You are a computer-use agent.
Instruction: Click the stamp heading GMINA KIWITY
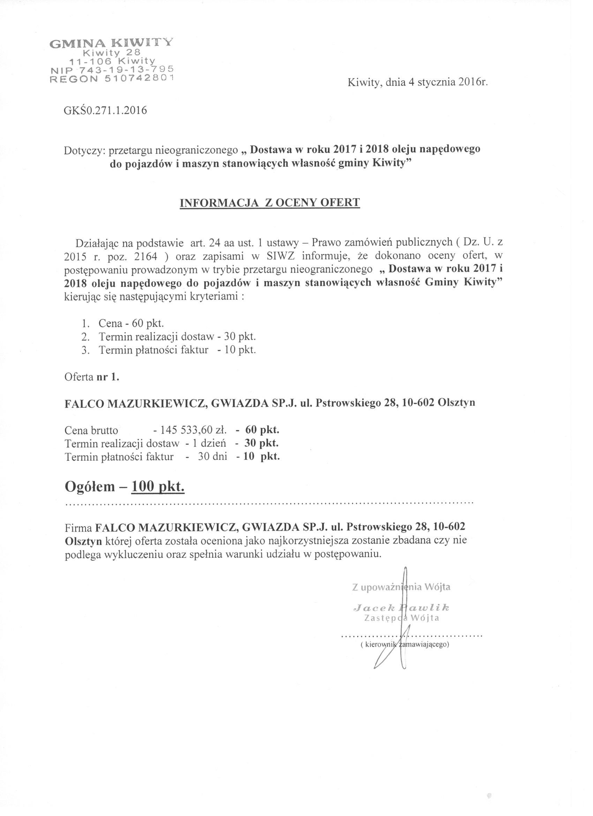(x=111, y=43)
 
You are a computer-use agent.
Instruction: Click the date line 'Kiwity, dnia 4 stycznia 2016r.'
(x=418, y=83)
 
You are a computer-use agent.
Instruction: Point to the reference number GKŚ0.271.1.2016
(x=105, y=110)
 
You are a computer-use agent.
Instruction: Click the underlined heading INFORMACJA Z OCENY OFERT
(x=270, y=202)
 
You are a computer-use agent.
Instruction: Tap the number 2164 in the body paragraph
(x=148, y=256)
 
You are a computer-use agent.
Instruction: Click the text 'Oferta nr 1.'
(x=91, y=377)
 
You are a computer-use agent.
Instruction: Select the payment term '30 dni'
(x=212, y=457)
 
